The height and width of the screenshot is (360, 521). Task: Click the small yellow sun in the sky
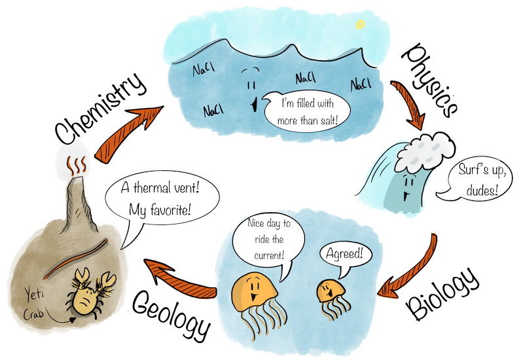[359, 24]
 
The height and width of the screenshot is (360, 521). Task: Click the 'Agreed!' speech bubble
[341, 253]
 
